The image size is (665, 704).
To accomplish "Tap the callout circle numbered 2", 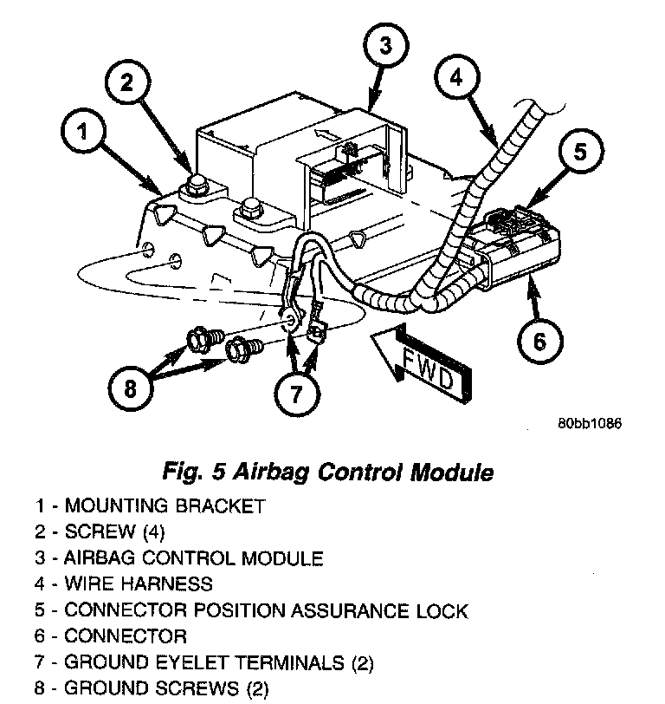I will (128, 82).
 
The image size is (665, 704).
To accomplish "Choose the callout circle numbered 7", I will (297, 395).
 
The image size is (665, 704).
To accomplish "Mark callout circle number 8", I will (131, 388).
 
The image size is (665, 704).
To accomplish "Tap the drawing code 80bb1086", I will (590, 424).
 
